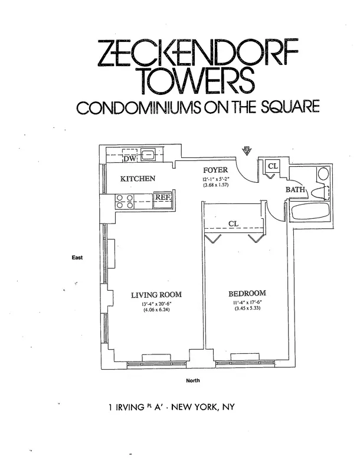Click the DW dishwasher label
(x=129, y=158)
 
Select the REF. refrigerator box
(x=162, y=199)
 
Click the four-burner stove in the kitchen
(x=124, y=202)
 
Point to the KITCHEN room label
(x=138, y=179)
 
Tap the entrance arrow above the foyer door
(x=247, y=150)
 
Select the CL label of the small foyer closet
(x=273, y=167)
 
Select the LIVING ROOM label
(x=156, y=295)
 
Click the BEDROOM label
(x=247, y=293)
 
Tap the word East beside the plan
(x=77, y=258)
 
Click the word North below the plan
(x=193, y=380)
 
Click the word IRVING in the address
(x=132, y=406)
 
